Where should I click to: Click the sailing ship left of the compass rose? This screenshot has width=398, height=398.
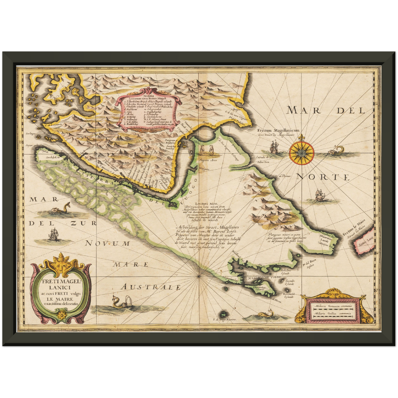[x=274, y=147]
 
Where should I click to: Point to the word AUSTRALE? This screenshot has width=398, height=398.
[x=151, y=287]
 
